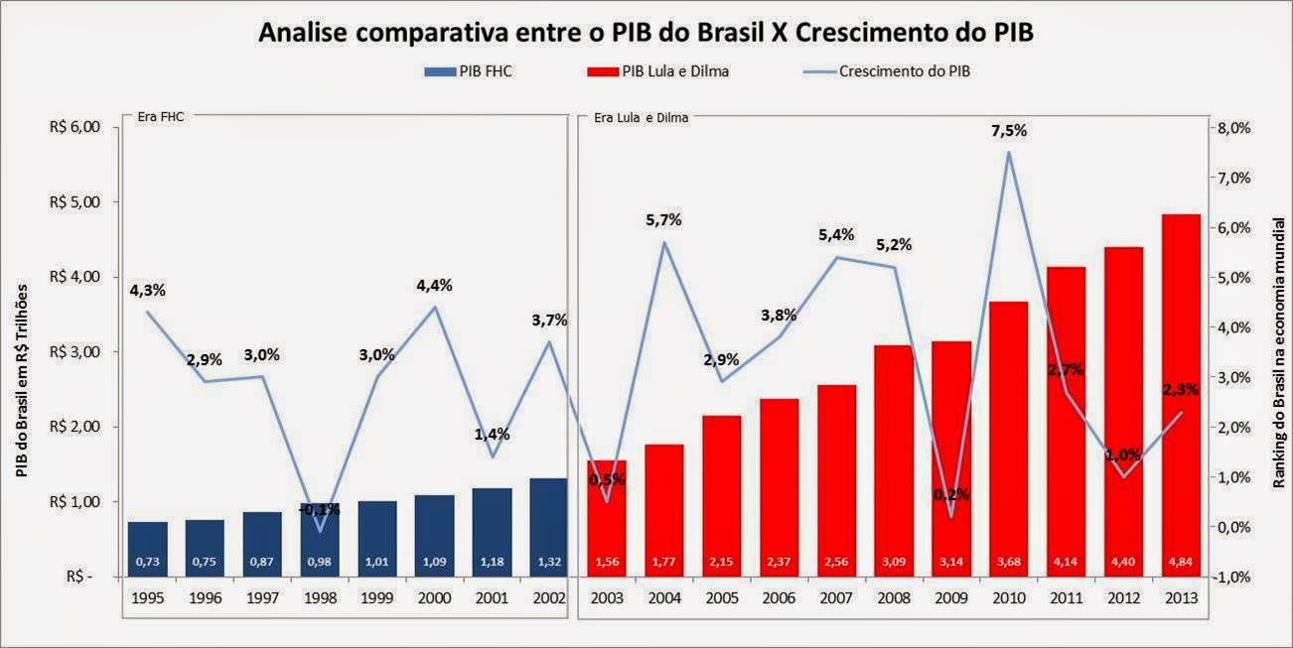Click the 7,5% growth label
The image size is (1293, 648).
tap(1008, 131)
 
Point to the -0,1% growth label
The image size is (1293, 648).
tap(320, 509)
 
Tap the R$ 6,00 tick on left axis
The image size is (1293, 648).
tap(74, 127)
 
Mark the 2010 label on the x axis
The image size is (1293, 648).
tap(1008, 600)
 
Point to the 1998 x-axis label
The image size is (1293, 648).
tap(320, 600)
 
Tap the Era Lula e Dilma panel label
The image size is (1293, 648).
tap(641, 116)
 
